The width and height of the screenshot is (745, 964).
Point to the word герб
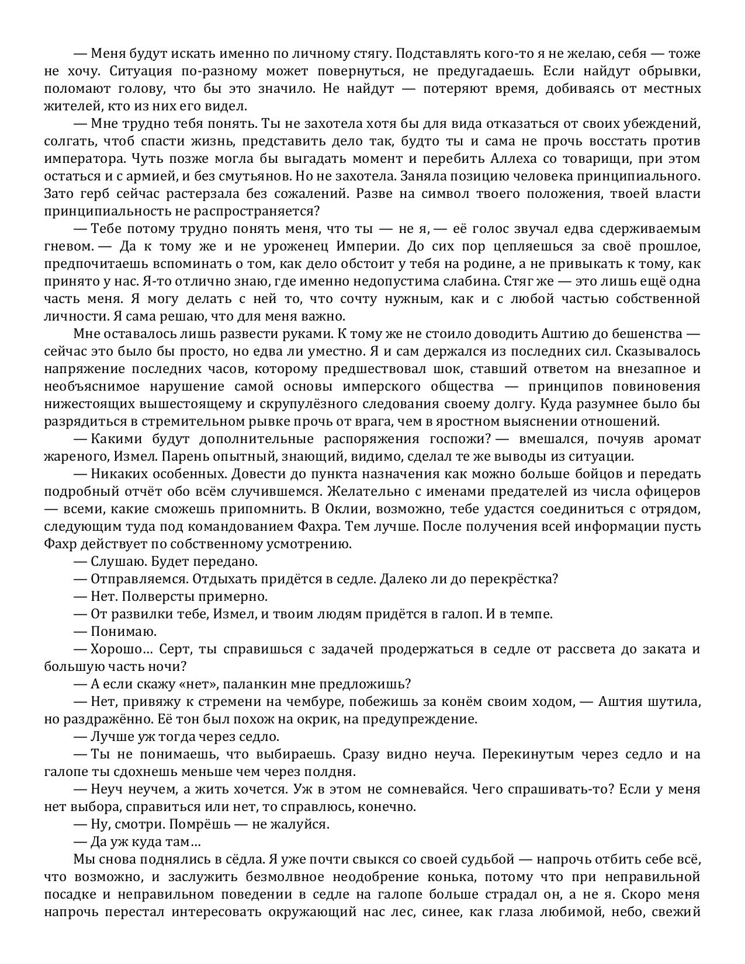point(87,194)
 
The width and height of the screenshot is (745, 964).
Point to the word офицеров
point(667,492)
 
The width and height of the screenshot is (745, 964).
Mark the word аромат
point(678,439)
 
